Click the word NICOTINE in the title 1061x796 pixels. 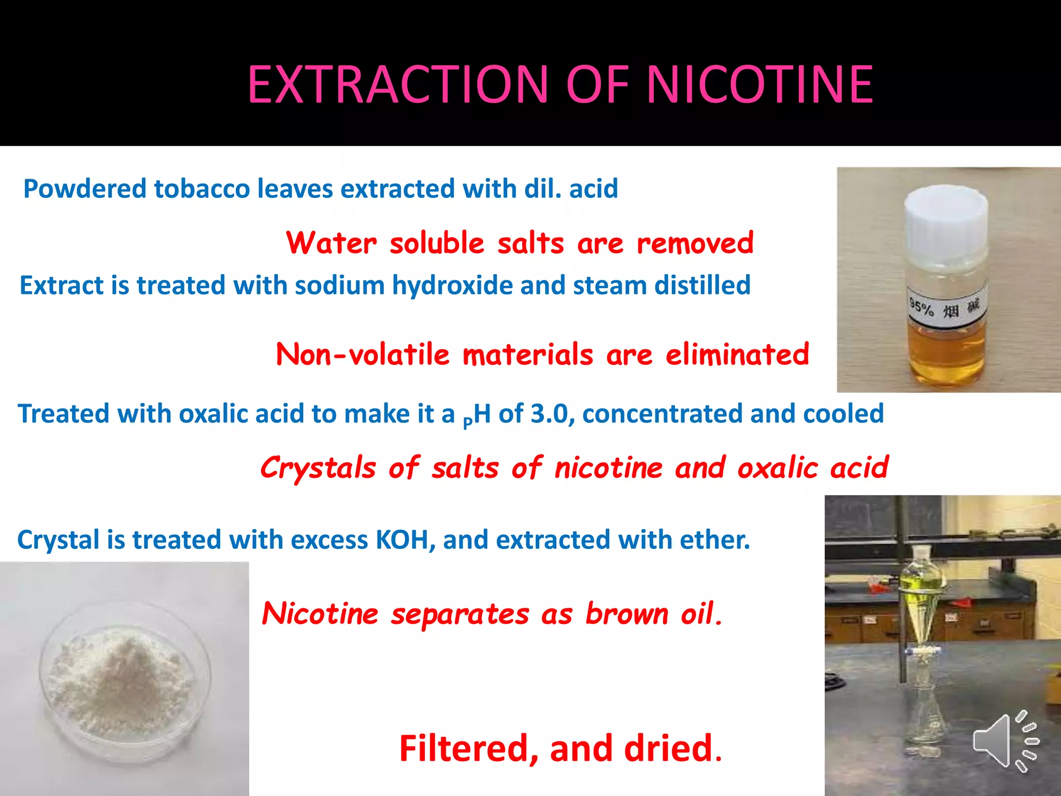coord(760,84)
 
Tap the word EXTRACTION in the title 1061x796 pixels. coord(398,84)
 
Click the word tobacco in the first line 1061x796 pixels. coord(202,189)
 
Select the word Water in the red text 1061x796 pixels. coord(332,243)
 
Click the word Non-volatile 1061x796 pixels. coord(363,355)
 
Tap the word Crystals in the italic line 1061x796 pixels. coord(318,468)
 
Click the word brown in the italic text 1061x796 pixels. coord(627,614)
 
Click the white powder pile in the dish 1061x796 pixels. coord(122,674)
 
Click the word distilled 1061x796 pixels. coord(702,286)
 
